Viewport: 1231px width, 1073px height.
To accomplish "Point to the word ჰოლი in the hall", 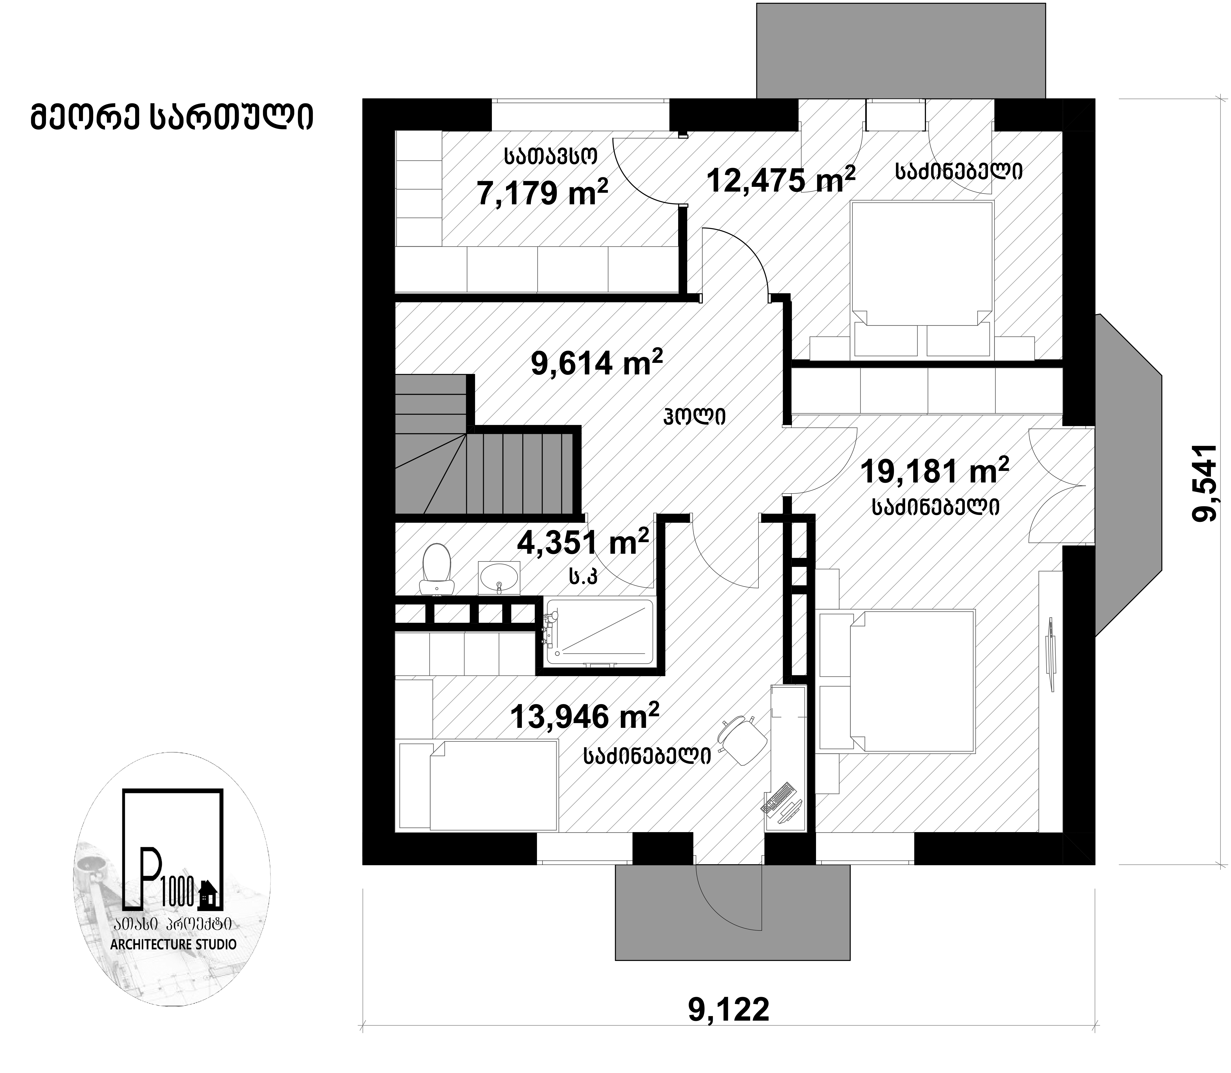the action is pos(695,415).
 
